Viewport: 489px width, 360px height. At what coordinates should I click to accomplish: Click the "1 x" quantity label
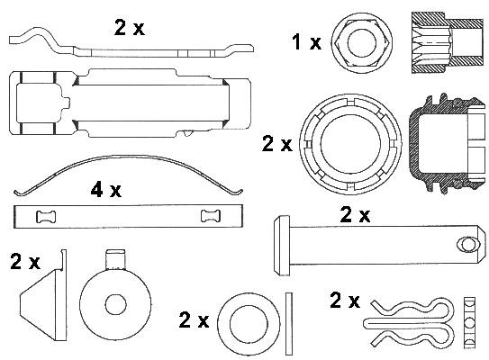[306, 42]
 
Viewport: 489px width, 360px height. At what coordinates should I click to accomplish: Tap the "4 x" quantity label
[106, 189]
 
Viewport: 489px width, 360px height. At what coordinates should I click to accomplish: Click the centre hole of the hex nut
[362, 43]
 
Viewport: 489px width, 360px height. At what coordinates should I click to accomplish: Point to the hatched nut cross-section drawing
[448, 42]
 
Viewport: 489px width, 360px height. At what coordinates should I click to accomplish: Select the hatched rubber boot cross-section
[448, 144]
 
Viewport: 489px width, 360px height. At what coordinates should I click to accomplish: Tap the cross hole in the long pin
[467, 244]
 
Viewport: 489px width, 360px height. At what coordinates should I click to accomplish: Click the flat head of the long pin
[281, 246]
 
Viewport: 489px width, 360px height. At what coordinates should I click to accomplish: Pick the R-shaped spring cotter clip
[409, 323]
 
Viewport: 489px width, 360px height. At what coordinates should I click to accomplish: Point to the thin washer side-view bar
[289, 323]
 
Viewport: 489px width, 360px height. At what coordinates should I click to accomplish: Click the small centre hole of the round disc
[115, 305]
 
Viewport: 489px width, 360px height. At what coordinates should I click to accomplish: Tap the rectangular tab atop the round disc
[115, 259]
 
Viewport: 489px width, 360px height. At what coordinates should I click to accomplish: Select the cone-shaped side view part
[43, 294]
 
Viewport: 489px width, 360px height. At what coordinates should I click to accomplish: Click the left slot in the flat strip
[46, 216]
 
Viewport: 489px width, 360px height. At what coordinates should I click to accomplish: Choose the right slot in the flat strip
[211, 216]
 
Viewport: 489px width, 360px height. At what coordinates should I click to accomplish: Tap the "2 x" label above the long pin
[355, 214]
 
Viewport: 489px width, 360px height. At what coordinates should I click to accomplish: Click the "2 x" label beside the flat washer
[194, 319]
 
